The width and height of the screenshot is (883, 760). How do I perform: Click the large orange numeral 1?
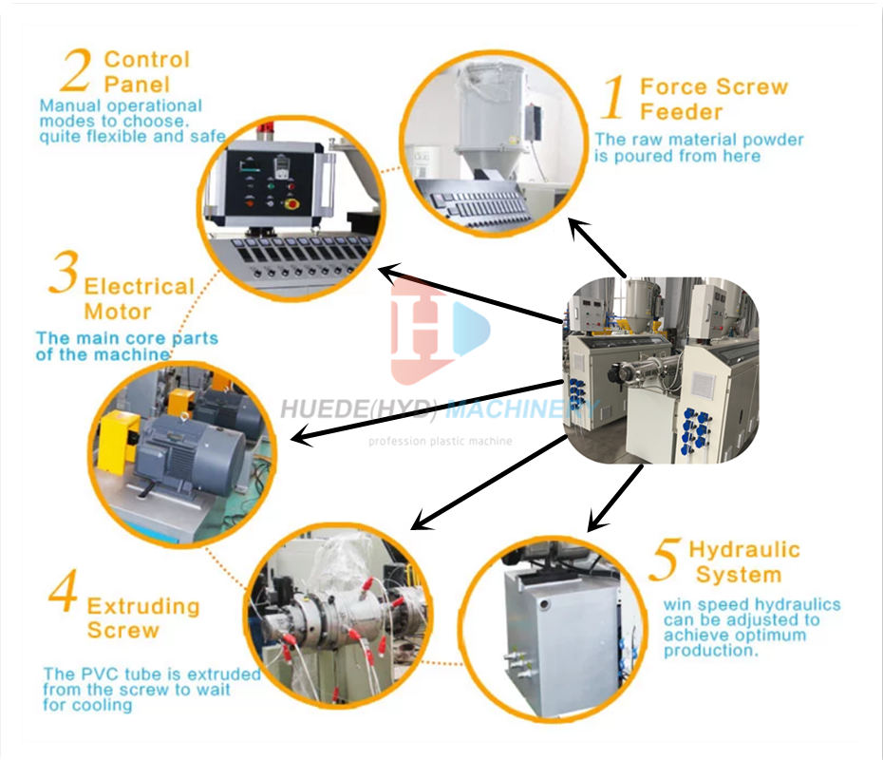614,99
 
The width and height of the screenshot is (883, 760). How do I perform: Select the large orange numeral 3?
63,274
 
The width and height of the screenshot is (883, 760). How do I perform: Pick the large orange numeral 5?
665,560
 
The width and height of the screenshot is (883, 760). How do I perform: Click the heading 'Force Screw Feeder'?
713,99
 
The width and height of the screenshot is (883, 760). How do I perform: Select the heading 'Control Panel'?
146,71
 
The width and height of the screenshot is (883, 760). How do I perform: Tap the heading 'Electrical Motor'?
139,298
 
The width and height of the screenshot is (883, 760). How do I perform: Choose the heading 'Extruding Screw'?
143,617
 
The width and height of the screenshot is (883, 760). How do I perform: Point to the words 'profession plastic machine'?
440,441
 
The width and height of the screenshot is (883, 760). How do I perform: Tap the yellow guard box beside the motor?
119,446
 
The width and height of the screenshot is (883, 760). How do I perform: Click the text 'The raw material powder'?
699,140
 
